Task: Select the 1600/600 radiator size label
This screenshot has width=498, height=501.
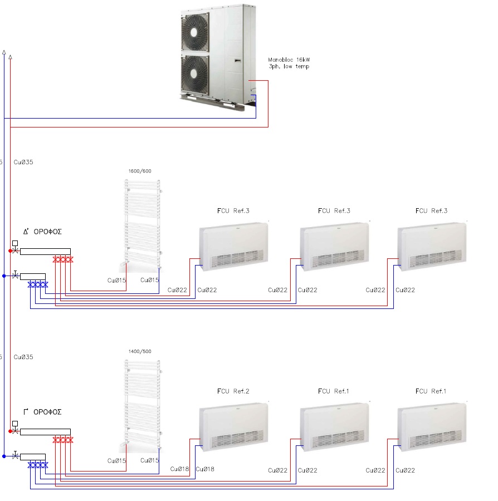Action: click(140, 171)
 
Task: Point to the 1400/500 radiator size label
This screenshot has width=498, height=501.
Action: click(140, 351)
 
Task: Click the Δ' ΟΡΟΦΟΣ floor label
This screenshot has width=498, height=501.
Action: click(42, 232)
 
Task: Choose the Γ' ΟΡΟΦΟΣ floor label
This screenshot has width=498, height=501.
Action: click(42, 412)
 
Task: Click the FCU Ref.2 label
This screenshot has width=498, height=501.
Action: click(233, 391)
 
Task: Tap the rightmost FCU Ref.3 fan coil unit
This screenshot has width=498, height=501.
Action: click(432, 247)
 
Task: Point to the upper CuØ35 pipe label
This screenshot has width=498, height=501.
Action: click(23, 162)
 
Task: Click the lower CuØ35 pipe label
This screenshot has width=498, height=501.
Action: click(23, 357)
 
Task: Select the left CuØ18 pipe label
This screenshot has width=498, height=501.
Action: click(180, 469)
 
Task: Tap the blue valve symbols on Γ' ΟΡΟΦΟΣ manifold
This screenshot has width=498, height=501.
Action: click(38, 464)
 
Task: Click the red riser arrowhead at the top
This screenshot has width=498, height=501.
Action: click(11, 56)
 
